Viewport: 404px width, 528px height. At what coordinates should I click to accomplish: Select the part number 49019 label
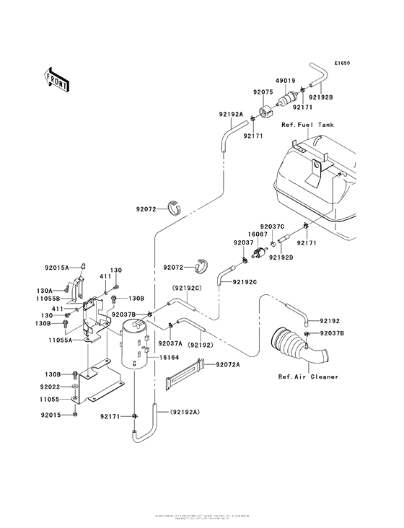pos(285,82)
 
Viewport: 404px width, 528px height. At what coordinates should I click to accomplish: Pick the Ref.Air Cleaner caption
pos(308,377)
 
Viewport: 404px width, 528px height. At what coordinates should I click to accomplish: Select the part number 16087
pos(259,234)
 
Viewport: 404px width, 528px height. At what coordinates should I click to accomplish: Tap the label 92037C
pos(273,226)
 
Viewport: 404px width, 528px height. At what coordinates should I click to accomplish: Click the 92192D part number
pos(281,257)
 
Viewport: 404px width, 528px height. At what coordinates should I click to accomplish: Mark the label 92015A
pos(56,268)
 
